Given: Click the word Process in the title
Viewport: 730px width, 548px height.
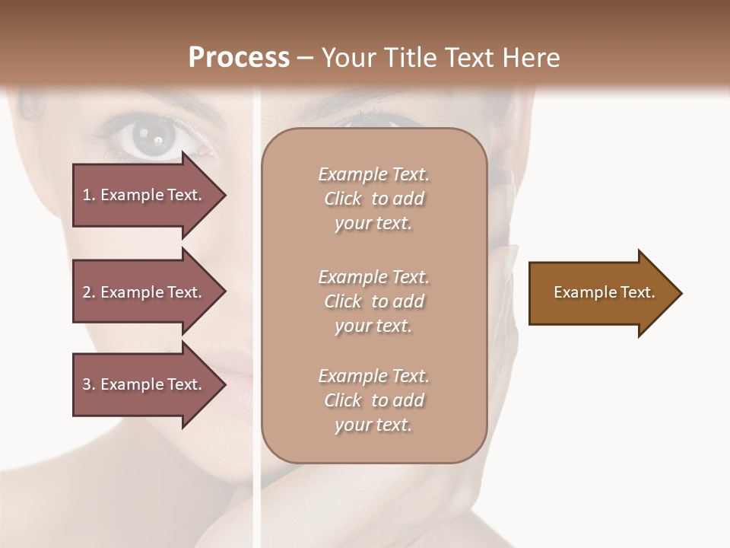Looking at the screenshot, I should point(239,58).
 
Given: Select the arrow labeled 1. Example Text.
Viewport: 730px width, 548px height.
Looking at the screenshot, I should point(144,195).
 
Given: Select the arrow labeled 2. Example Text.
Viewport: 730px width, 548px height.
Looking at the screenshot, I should point(144,292).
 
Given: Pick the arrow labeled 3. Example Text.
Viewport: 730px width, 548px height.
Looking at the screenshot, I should point(144,384).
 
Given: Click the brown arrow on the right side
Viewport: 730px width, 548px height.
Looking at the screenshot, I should point(601,293).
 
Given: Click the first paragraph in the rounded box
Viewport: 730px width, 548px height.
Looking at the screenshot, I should point(373,199).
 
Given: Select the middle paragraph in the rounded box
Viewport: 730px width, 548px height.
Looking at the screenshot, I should point(373,301).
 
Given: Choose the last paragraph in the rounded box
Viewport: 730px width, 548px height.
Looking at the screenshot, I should point(373,400).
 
